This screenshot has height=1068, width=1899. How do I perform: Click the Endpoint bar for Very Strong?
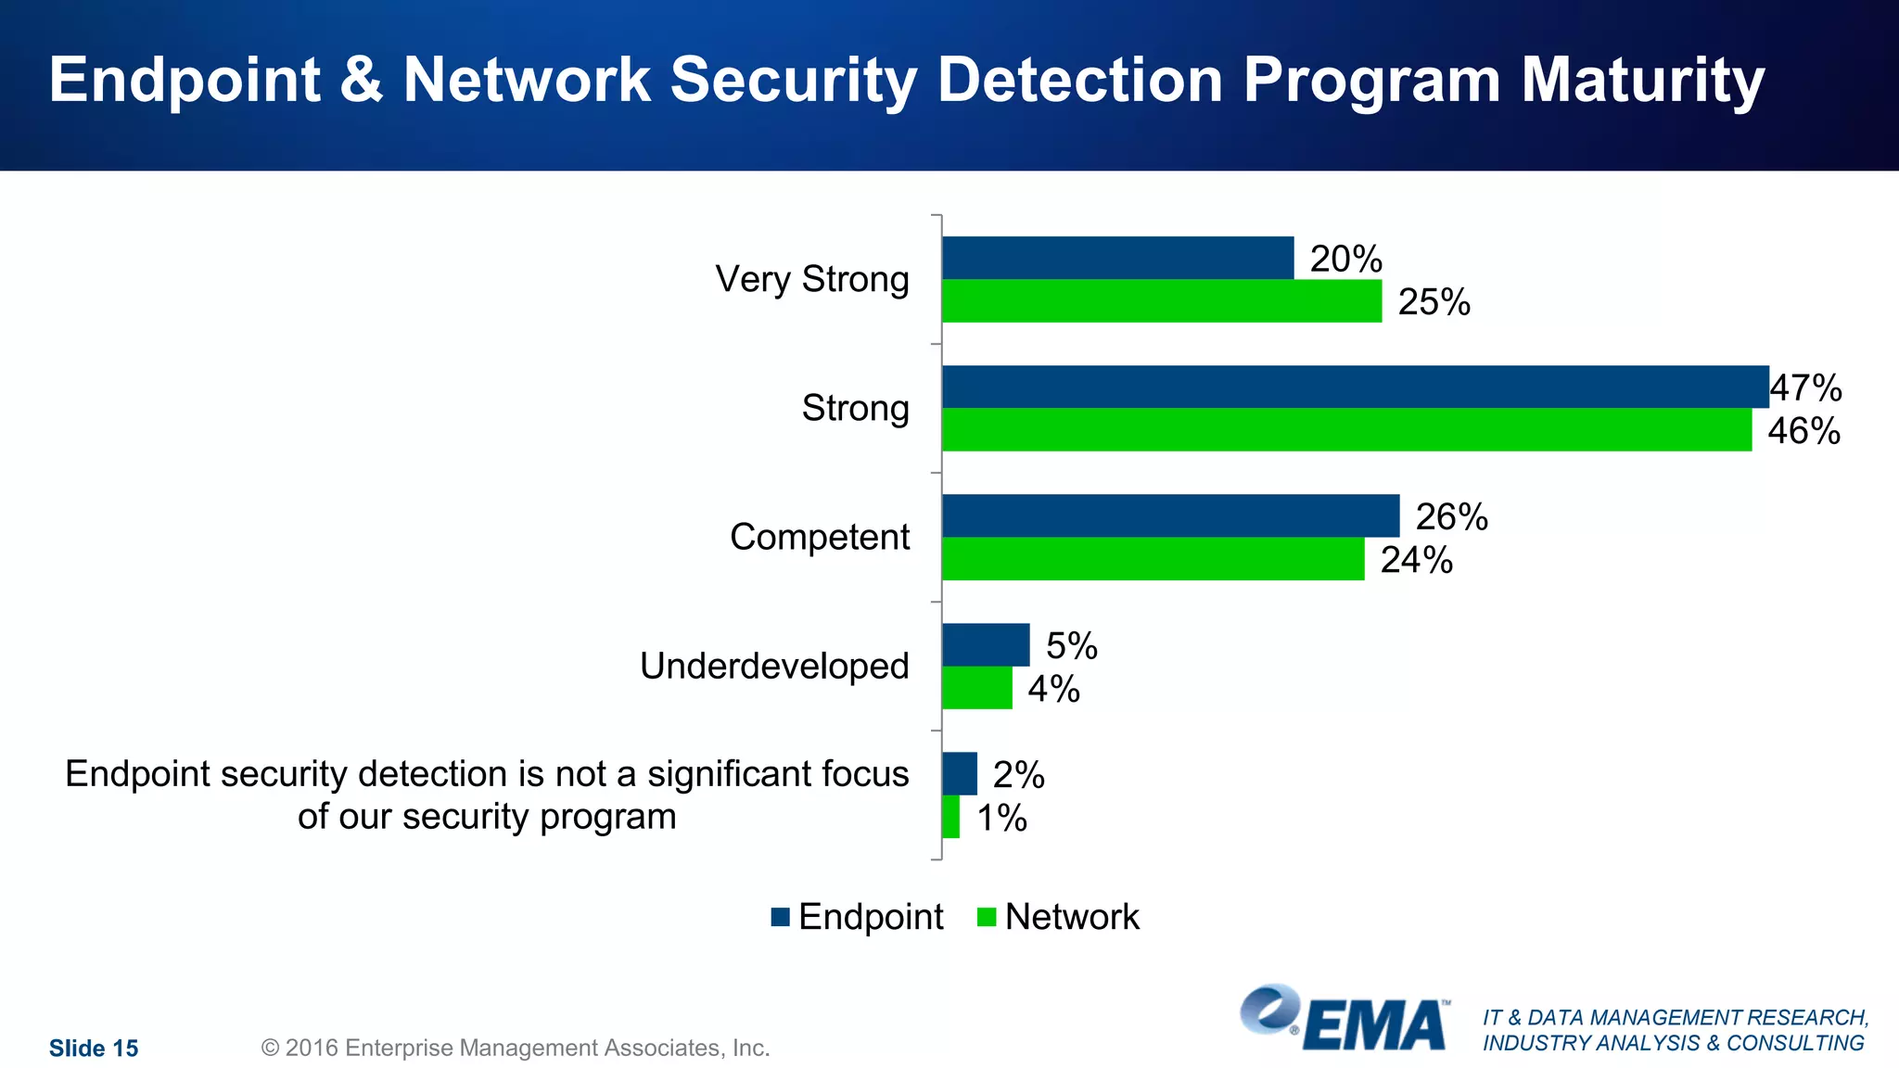[x=1117, y=258]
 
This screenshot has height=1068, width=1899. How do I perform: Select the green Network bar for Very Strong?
[x=1161, y=301]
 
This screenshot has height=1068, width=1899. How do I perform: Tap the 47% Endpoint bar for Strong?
[x=1355, y=387]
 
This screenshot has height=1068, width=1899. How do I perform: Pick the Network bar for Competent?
[x=1153, y=559]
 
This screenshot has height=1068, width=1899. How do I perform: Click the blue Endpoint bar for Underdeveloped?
[x=986, y=644]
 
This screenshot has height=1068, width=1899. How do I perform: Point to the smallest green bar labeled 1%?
[x=950, y=817]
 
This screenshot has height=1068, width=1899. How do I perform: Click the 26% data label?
[x=1451, y=517]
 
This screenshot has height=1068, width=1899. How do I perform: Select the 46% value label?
[x=1803, y=431]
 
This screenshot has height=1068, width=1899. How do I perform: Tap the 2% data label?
[x=1018, y=775]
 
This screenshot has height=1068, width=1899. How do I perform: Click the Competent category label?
[x=820, y=537]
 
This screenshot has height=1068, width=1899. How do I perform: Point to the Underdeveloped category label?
[x=774, y=666]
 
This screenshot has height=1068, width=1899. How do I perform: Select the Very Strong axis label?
[x=812, y=279]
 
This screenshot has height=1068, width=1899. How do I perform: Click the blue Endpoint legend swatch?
[x=780, y=917]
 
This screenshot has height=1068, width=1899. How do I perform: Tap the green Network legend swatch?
[x=987, y=917]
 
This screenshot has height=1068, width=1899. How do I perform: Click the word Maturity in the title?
[x=1642, y=81]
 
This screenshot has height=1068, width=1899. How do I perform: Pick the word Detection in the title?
[x=1079, y=81]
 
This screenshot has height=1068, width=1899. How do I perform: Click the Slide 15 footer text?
[x=94, y=1049]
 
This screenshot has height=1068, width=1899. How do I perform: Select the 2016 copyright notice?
[x=516, y=1048]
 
